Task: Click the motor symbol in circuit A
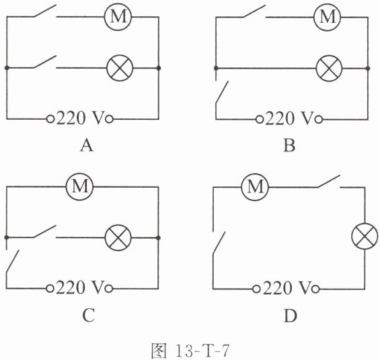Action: [118, 17]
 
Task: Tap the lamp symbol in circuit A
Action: [120, 68]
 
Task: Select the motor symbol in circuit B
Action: [327, 17]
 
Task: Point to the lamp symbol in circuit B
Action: [329, 69]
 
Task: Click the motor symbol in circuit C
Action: [80, 186]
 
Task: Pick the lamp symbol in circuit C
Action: [118, 238]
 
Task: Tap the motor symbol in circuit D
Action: [255, 187]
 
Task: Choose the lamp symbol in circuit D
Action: [365, 236]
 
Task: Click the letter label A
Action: [87, 146]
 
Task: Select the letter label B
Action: [289, 146]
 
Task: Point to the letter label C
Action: [89, 316]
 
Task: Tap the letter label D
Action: [290, 316]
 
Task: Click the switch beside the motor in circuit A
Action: [45, 11]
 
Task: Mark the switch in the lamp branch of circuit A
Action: [45, 62]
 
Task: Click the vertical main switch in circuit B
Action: [222, 93]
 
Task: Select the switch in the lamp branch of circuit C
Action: [45, 231]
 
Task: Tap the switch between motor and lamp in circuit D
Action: [329, 181]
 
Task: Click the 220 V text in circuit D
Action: [287, 288]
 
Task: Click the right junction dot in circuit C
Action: [158, 238]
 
